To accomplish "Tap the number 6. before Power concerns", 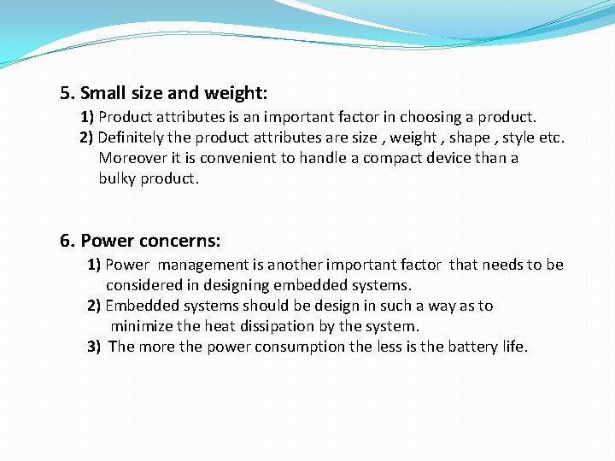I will pyautogui.click(x=67, y=241).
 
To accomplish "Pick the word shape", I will pyautogui.click(x=470, y=137).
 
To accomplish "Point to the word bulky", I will pyautogui.click(x=117, y=178).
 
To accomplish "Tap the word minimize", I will pyautogui.click(x=142, y=326).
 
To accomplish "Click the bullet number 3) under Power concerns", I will pyautogui.click(x=95, y=347).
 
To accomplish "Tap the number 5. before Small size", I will pyautogui.click(x=67, y=92).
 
